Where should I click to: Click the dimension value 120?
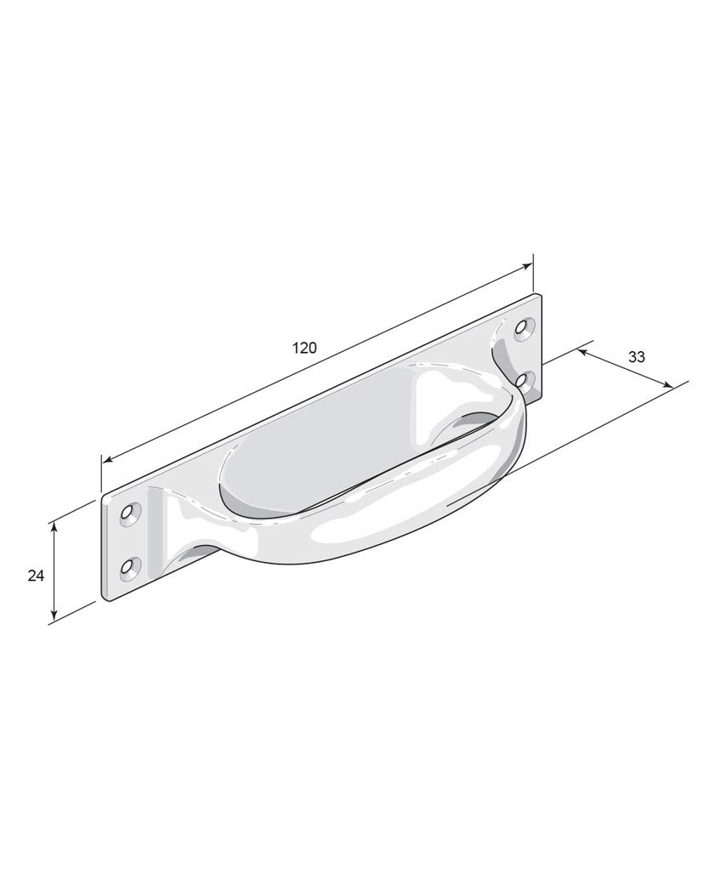tap(304, 348)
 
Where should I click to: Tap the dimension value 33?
tap(636, 357)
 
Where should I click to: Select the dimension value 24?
tap(36, 576)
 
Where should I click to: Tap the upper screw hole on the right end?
tap(525, 328)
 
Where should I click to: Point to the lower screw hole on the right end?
tap(523, 381)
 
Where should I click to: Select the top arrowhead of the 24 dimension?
tap(54, 527)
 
